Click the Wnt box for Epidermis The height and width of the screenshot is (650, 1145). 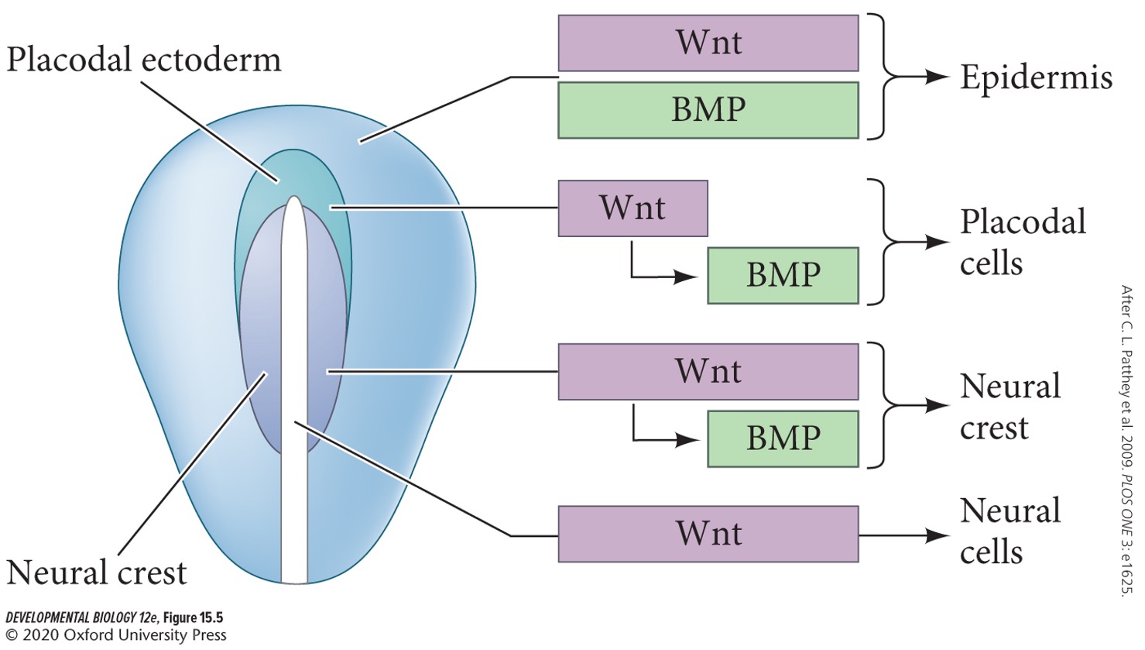pos(708,43)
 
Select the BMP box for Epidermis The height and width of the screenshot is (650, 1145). pos(708,110)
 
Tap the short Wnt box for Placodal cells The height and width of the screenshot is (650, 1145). pos(632,208)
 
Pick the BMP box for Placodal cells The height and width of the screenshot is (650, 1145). pos(783,275)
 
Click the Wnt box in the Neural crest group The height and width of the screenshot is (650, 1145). pos(708,372)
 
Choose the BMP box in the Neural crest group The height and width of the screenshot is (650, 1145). pos(783,438)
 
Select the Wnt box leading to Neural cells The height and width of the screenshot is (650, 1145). pos(708,534)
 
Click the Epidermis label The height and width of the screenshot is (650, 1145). pos(1036,77)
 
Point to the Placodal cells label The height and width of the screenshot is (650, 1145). pos(1022,242)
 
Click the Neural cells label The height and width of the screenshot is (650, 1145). pos(1010,531)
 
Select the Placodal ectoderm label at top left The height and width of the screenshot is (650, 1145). pos(143,60)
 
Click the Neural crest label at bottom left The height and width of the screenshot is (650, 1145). pos(97,573)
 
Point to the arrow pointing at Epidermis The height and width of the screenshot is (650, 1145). pos(925,77)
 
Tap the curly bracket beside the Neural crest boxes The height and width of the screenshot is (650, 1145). pos(881,405)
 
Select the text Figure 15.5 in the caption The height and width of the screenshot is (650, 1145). pos(193,618)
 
